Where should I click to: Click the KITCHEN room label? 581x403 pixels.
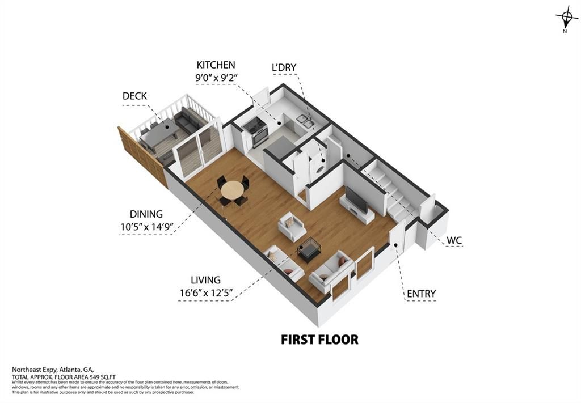point(216,65)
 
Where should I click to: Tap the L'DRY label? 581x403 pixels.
point(284,68)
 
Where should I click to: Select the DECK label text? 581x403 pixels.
point(134,96)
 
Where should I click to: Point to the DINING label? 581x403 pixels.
point(146,214)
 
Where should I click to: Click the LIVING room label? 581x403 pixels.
point(205,280)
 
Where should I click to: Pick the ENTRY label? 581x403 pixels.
point(421,294)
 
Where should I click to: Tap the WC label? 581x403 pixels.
point(454,240)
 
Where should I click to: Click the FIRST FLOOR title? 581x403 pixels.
point(319,340)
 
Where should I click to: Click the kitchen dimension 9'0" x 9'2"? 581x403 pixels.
point(216,78)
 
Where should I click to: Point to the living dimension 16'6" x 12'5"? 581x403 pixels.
point(205,292)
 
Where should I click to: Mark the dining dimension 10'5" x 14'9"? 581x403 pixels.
point(146,227)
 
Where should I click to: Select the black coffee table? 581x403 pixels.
point(309,248)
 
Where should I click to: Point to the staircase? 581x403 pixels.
point(397,193)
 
